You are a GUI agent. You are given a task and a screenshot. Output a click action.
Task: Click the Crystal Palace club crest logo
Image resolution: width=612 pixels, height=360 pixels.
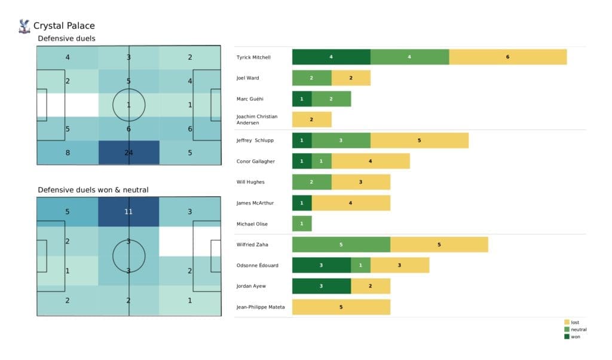pos(25,26)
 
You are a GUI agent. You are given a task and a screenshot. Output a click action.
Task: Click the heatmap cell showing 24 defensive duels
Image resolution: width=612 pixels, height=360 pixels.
pos(128,152)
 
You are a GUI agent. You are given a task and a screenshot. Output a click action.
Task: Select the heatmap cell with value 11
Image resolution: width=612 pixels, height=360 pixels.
pos(128,212)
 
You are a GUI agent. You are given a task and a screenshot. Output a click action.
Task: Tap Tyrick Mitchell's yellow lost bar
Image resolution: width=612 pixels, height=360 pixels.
pos(507,57)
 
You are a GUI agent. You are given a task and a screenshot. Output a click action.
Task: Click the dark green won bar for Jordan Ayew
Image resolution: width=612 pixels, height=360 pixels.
pos(321,286)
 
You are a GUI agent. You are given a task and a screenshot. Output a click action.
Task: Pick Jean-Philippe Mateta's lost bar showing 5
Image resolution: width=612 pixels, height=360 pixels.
pos(341,307)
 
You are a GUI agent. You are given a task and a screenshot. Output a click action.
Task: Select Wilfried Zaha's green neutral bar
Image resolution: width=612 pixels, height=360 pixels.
pos(341,244)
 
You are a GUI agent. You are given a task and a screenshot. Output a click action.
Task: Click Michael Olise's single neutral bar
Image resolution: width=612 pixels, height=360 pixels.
pos(302,224)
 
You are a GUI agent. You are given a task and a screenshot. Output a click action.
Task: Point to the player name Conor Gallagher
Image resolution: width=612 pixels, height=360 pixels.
pos(256,161)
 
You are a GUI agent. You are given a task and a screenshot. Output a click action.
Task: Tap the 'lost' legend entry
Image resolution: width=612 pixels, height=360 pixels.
pos(575,322)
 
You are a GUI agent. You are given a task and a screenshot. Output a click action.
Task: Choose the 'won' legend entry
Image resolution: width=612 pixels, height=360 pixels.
pos(575,337)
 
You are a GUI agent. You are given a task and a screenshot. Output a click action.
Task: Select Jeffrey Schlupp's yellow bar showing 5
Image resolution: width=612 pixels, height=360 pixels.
pos(419,141)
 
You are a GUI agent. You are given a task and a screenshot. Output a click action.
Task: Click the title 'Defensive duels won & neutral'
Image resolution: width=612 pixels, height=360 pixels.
pos(93,190)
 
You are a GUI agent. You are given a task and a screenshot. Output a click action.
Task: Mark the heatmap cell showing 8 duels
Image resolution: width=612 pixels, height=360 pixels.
pos(67,152)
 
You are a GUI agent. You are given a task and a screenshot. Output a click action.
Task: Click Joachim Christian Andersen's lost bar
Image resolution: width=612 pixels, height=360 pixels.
pos(311,120)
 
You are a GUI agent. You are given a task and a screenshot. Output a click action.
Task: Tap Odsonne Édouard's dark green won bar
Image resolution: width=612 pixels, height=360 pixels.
pos(321,265)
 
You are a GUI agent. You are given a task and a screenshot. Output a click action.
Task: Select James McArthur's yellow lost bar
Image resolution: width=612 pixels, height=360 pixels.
pos(350,203)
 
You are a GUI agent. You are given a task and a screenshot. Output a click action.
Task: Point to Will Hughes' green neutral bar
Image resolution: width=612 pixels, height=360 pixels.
pos(311,182)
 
